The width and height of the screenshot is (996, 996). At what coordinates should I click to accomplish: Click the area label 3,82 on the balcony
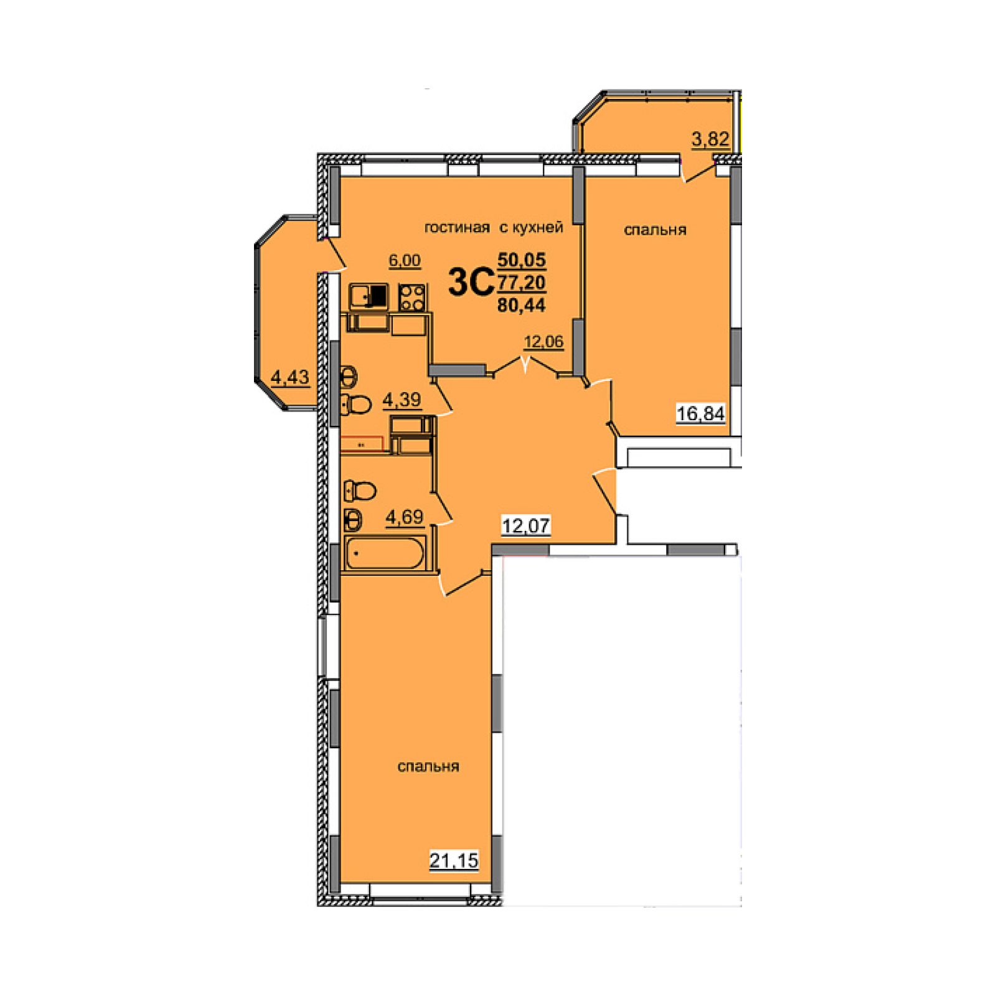coord(710,138)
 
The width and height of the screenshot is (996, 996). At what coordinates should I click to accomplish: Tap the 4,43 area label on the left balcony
coord(290,377)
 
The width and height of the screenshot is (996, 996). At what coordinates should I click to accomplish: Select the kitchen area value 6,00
coord(405,260)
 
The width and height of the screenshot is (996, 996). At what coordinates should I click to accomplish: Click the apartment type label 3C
coord(471,282)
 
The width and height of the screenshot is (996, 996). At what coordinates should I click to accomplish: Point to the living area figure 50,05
coord(522,260)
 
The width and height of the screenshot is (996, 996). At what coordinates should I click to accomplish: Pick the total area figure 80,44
coord(522,304)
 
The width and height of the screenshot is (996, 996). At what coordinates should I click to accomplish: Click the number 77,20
coord(522,282)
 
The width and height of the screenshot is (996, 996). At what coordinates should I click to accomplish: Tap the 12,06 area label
coord(544,341)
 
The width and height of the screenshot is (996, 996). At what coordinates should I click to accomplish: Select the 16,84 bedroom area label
coord(701,413)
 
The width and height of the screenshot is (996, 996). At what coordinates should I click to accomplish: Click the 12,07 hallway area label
coord(526,526)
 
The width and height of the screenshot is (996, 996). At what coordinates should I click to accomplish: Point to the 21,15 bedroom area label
coord(454,860)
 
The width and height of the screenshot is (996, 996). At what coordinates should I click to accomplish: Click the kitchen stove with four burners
coord(412,297)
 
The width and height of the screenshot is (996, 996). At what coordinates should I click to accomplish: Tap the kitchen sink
coord(369,296)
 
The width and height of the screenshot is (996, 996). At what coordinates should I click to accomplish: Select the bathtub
coord(385,553)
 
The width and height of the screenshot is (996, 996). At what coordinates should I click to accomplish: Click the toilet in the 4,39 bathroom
coord(356,405)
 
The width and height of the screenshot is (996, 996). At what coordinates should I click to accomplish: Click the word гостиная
coord(457,228)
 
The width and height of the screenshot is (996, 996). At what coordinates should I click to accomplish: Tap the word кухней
coord(537,228)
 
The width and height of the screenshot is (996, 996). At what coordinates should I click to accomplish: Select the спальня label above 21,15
coord(428,767)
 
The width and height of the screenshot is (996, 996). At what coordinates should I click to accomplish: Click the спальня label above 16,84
coord(655,230)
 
